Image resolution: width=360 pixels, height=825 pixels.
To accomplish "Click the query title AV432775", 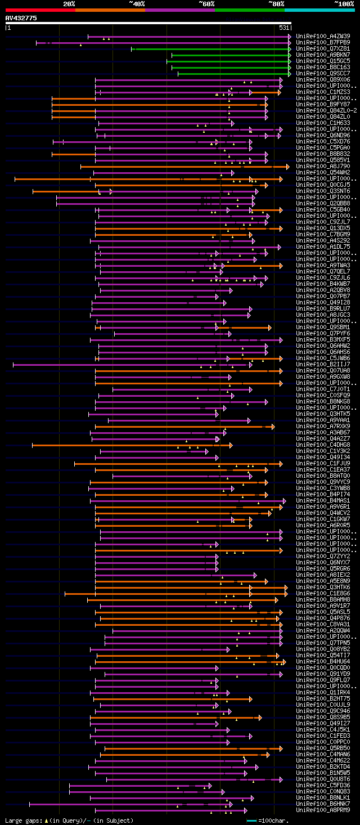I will [21, 18].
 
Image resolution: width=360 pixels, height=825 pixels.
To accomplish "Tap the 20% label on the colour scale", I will [69, 4].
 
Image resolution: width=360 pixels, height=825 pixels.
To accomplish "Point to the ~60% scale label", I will [206, 4].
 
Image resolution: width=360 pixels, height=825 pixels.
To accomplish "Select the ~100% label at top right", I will [344, 4].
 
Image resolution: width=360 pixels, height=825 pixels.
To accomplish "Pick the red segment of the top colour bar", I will [40, 10].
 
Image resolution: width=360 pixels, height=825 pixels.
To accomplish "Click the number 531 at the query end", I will [284, 28].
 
